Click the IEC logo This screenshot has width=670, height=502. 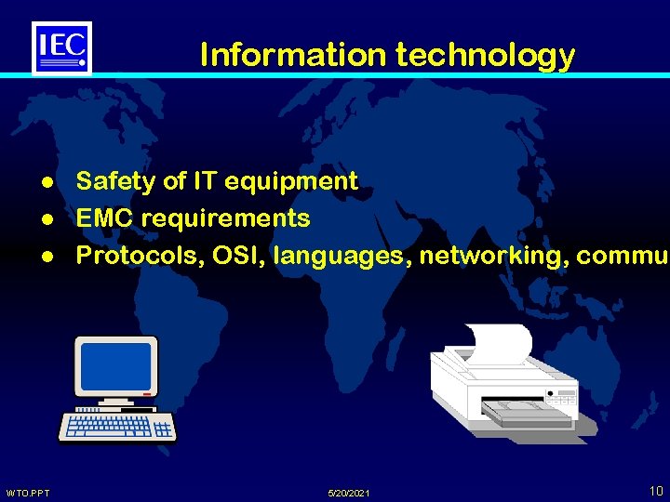[61, 47]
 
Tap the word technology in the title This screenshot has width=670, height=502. [485, 56]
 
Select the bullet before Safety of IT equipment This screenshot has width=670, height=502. [46, 182]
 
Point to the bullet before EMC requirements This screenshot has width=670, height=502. [46, 219]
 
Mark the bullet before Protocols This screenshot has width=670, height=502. [46, 256]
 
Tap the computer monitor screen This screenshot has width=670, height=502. [116, 367]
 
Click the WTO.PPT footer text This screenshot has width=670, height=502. [28, 493]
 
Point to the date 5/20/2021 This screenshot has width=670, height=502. [349, 493]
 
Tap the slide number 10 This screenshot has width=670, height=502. [656, 491]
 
